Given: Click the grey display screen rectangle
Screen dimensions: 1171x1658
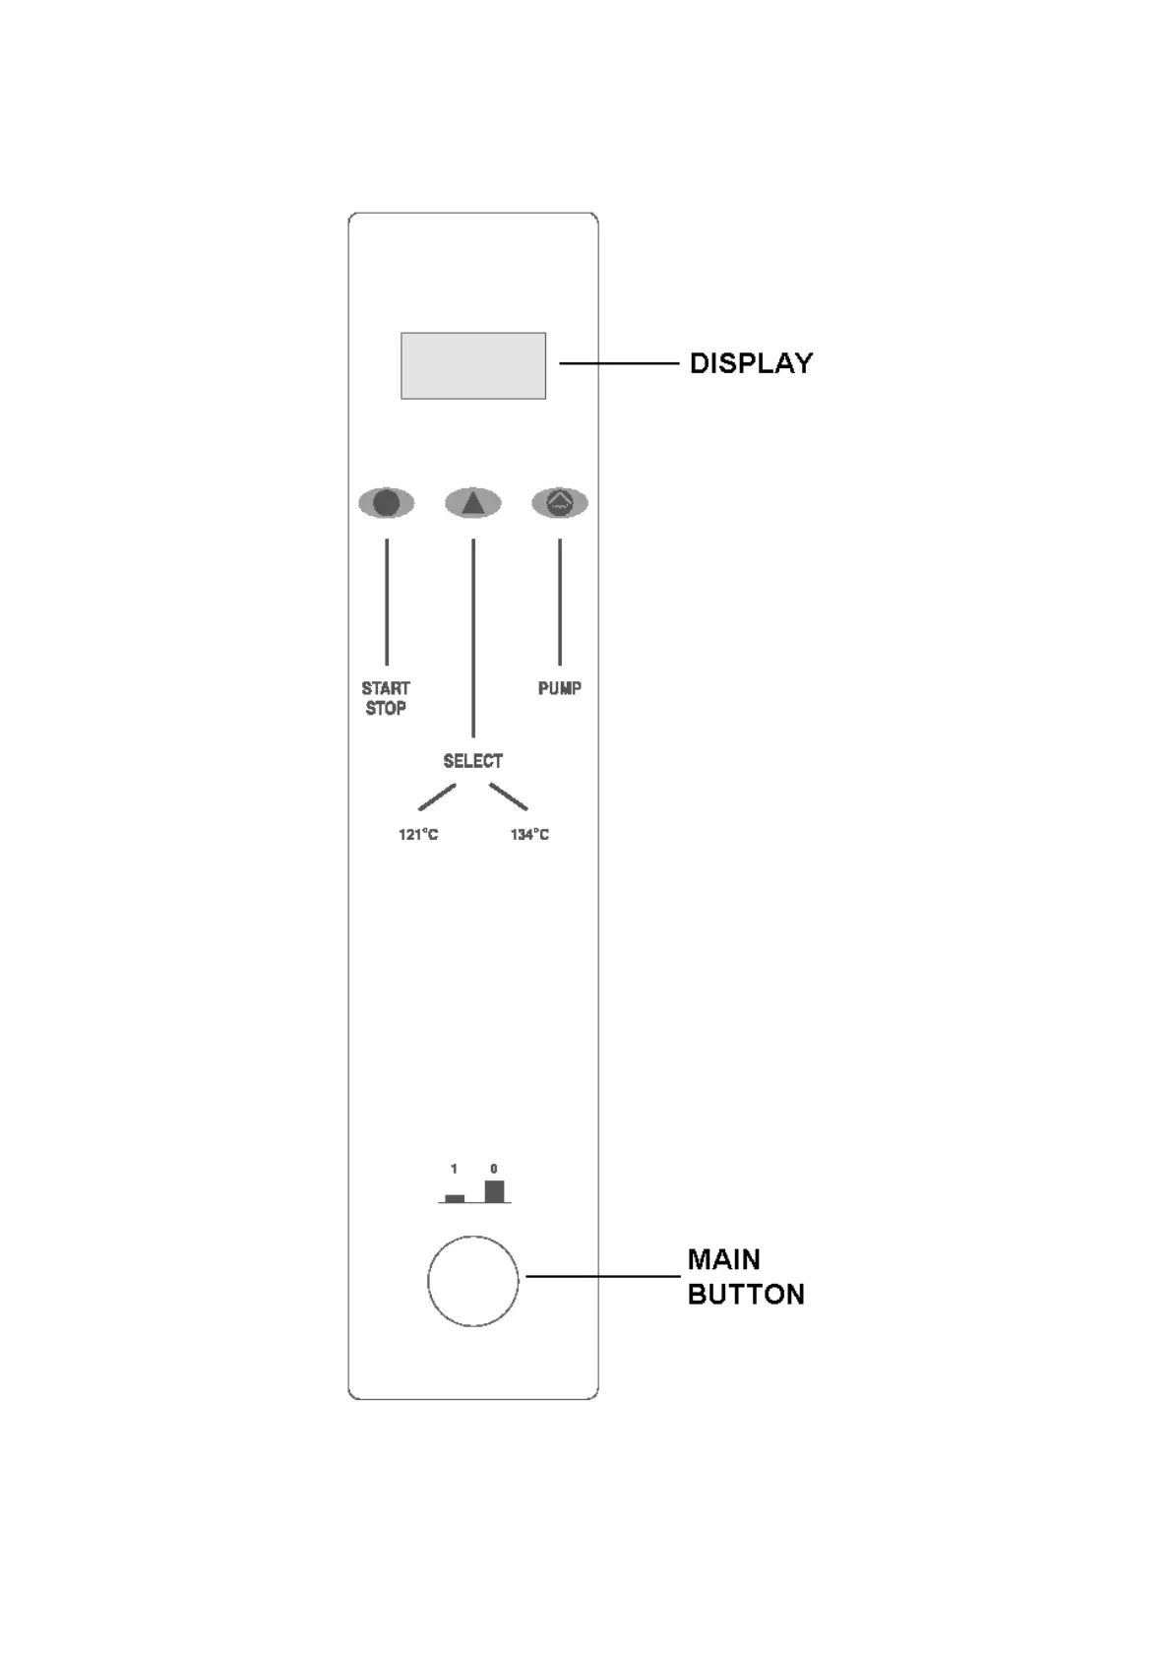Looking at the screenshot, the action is pos(472,365).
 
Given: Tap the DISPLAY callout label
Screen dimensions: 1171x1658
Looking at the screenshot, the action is pos(751,363).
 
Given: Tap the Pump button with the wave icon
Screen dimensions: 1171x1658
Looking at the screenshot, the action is pos(560,503).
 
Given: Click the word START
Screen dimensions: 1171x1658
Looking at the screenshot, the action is pos(386,688).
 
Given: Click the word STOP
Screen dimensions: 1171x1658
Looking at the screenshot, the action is pos(386,708).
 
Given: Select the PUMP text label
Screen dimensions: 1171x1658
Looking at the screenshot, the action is pos(559,688).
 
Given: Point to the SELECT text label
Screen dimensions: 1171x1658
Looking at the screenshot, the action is pos(472,761).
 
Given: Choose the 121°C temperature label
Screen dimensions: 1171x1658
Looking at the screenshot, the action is pos(418,835).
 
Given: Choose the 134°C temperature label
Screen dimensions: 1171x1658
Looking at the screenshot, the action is pos(529,835).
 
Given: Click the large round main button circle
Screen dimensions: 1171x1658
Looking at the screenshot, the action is pos(472,1281).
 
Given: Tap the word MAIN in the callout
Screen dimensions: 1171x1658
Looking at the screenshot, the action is pos(723,1259).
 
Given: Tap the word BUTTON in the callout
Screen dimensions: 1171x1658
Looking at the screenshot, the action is pos(746,1294).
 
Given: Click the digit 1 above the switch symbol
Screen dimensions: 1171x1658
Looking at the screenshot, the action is pos(454,1169).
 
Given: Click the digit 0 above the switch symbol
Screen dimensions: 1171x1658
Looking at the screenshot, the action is pos(494,1169).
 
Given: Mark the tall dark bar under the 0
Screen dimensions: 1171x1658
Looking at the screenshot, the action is pos(494,1190).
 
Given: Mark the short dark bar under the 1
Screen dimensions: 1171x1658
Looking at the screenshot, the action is pos(455,1198).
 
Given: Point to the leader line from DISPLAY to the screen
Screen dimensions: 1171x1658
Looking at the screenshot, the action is pos(619,363).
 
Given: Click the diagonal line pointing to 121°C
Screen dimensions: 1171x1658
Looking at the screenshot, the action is pos(437,797).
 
